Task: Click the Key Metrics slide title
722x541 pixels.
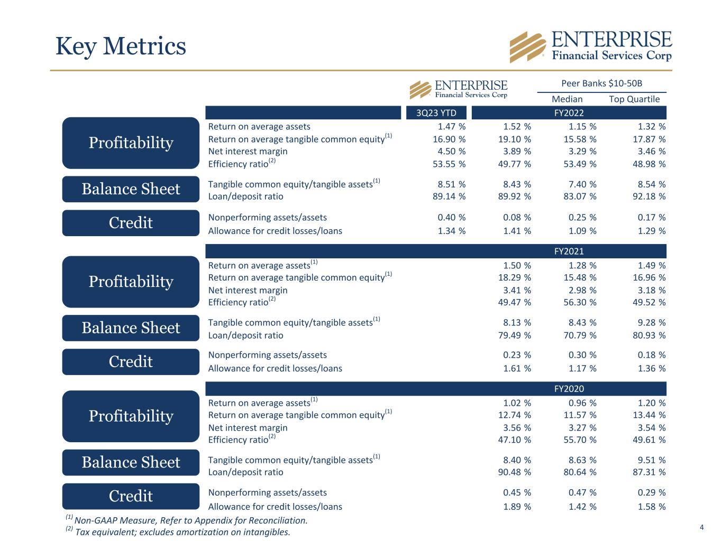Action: (x=121, y=46)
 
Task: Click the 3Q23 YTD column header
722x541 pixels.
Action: (x=436, y=113)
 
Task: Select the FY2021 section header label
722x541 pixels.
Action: (x=569, y=251)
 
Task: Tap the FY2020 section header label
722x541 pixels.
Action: (x=569, y=389)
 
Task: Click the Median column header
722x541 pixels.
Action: (x=567, y=99)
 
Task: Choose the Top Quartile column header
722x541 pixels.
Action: (x=634, y=99)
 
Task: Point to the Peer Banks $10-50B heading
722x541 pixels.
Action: (x=601, y=83)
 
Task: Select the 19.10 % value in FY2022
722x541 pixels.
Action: (x=515, y=139)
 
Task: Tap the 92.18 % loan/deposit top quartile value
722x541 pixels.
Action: (x=649, y=197)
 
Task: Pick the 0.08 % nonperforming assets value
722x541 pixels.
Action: (x=517, y=218)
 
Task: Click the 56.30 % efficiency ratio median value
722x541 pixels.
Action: (x=580, y=302)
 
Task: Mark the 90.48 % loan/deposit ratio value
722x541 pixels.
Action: (x=515, y=472)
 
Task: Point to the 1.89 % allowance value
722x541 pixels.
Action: (x=517, y=507)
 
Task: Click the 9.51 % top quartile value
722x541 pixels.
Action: (x=652, y=460)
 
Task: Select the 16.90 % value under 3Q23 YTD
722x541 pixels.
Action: (x=449, y=139)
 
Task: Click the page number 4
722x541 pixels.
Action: (x=701, y=527)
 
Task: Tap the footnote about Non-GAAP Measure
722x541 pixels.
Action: (x=187, y=520)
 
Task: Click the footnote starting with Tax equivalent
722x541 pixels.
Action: (x=178, y=531)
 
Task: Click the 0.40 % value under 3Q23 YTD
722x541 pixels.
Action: (x=451, y=218)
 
